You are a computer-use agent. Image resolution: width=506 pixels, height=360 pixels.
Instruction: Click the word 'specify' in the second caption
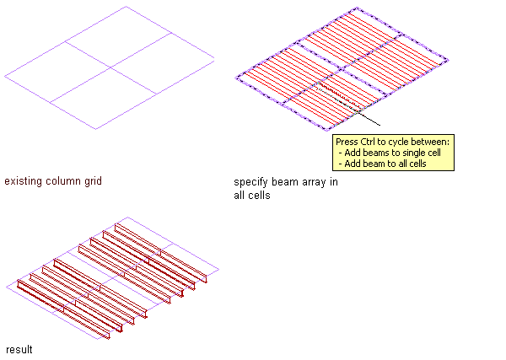[x=250, y=182]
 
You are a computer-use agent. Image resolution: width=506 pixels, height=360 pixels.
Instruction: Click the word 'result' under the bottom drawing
[x=19, y=349]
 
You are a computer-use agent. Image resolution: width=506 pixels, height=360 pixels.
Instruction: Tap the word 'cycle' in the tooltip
[x=400, y=142]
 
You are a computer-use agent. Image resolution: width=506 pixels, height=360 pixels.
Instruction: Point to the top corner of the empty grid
[x=126, y=7]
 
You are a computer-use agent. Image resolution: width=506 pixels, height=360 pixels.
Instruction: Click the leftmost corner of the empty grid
[x=4, y=77]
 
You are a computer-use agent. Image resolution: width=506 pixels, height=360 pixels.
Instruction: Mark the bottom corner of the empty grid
[x=95, y=129]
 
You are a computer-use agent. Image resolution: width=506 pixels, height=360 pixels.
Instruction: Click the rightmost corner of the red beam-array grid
[x=448, y=60]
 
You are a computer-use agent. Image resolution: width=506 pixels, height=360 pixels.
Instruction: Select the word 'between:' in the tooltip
[x=432, y=142]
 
